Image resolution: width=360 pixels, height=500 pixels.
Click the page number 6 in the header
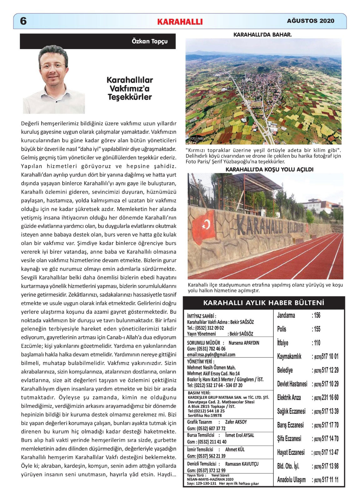[23, 21]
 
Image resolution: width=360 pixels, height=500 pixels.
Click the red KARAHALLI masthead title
[180, 22]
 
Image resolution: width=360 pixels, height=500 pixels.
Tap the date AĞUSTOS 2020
[311, 21]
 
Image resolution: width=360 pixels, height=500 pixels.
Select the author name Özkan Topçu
[150, 41]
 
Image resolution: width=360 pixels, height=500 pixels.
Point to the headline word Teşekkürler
[129, 97]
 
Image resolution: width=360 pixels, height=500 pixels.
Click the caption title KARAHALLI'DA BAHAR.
[263, 35]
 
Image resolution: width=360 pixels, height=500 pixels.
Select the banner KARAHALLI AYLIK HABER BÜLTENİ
[264, 303]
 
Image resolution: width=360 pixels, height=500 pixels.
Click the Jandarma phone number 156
[317, 315]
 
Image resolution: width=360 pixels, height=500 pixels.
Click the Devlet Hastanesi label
[292, 384]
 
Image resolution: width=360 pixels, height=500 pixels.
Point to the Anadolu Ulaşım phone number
[326, 480]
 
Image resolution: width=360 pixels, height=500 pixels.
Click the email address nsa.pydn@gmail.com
[211, 355]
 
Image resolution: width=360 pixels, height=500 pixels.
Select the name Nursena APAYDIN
[244, 343]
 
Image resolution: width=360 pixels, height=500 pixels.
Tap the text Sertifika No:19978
[205, 416]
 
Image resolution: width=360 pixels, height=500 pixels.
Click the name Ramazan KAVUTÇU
[242, 464]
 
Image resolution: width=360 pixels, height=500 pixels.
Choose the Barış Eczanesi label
[290, 425]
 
